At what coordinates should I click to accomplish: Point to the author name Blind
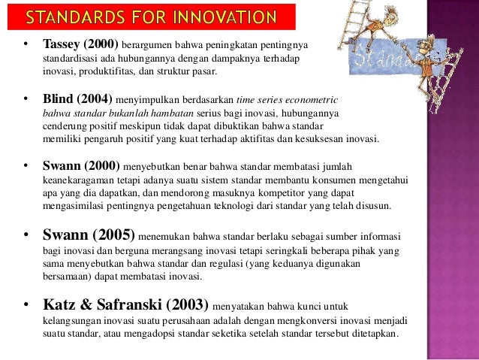coord(58,98)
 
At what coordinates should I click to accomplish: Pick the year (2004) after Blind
coord(94,98)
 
